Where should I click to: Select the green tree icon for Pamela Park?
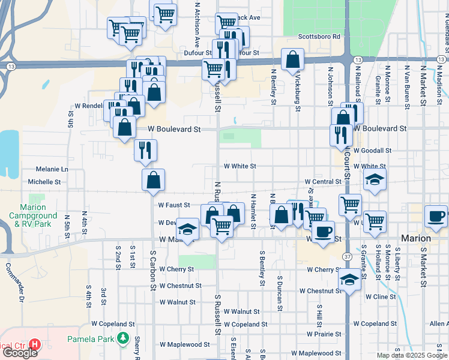pyautogui.click(x=123, y=338)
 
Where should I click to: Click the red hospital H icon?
pyautogui.click(x=35, y=345)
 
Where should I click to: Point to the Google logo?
pyautogui.click(x=19, y=353)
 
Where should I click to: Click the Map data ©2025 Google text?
pyautogui.click(x=412, y=355)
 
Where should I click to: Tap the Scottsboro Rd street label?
pyautogui.click(x=319, y=37)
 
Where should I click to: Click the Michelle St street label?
pyautogui.click(x=44, y=181)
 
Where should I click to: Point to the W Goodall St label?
pyautogui.click(x=372, y=151)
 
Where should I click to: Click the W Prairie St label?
pyautogui.click(x=325, y=334)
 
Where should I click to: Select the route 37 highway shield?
pyautogui.click(x=348, y=256)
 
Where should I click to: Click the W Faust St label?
pyautogui.click(x=173, y=205)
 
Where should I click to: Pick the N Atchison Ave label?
pyautogui.click(x=196, y=25)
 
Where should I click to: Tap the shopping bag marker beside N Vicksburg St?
pyautogui.click(x=292, y=59)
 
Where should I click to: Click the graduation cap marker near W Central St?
pyautogui.click(x=375, y=179)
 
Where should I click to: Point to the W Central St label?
pyautogui.click(x=323, y=181)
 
